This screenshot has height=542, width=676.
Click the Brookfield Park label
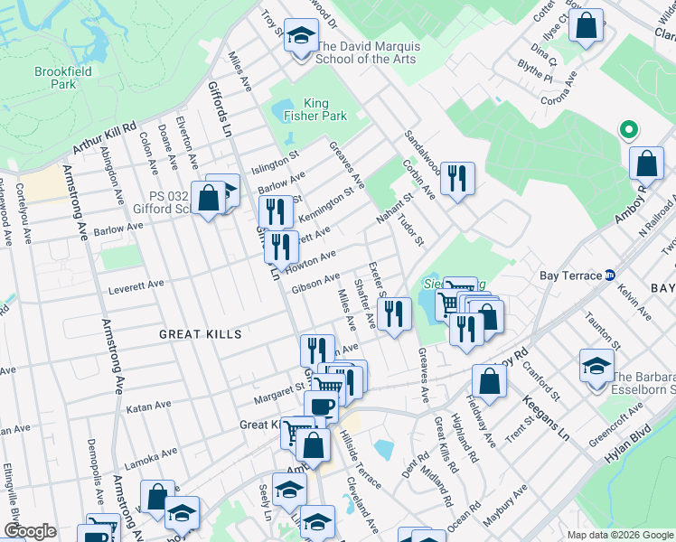56,77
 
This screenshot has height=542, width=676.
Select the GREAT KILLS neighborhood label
201,334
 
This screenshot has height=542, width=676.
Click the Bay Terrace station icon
610,275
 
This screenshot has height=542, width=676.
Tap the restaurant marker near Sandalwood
457,178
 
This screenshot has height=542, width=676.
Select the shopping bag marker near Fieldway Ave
489,380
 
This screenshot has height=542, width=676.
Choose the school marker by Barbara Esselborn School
596,368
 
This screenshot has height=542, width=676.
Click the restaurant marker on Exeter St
392,314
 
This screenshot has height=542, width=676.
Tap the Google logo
30,531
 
